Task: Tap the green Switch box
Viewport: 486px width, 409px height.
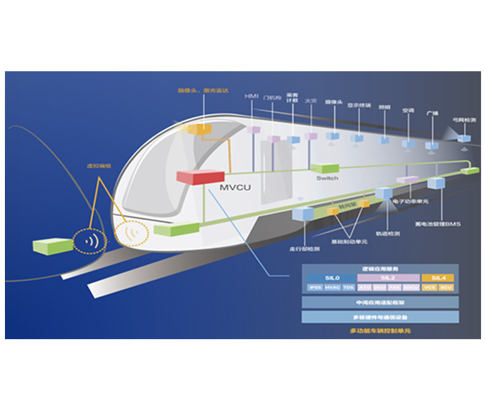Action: coord(325,168)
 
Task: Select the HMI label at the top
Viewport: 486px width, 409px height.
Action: coord(251,96)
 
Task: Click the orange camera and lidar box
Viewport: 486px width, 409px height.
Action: coord(200,128)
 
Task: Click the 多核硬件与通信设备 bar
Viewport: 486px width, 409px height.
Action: coord(380,317)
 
